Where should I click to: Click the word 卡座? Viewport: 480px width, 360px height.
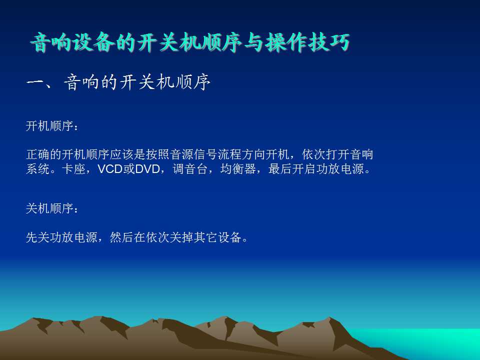pyautogui.click(x=73, y=169)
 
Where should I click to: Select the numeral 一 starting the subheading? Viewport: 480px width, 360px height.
pyautogui.click(x=35, y=82)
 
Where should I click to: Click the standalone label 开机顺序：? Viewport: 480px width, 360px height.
pyautogui.click(x=52, y=126)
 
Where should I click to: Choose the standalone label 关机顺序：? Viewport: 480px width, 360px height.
pyautogui.click(x=52, y=208)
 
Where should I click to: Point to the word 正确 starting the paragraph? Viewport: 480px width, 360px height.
pyautogui.click(x=38, y=154)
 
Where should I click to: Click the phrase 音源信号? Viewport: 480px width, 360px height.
pyautogui.click(x=194, y=154)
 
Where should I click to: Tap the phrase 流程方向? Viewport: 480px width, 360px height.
pyautogui.click(x=241, y=154)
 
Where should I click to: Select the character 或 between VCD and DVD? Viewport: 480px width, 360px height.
pyautogui.click(x=129, y=169)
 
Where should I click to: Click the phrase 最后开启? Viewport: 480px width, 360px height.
pyautogui.click(x=292, y=169)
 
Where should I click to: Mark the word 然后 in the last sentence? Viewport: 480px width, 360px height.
pyautogui.click(x=121, y=237)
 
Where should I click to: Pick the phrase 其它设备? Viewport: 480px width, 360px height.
pyautogui.click(x=217, y=237)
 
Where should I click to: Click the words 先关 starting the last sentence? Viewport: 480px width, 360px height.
pyautogui.click(x=38, y=237)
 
